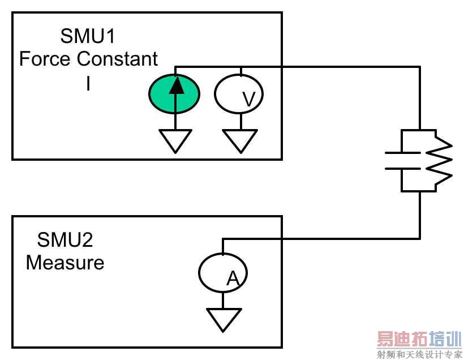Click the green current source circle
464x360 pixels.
coord(174,94)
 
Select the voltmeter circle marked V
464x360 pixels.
coord(239,94)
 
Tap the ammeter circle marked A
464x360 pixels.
coord(223,273)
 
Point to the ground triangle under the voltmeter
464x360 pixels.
coord(240,140)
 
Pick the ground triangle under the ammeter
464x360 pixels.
coord(224,319)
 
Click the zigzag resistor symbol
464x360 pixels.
coord(441,161)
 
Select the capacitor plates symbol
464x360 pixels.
coord(402,161)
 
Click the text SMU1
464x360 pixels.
coord(88,37)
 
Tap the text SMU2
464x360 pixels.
coord(65,240)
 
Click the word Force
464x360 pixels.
coord(46,59)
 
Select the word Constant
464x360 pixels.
coord(117,59)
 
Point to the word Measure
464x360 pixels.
coord(65,263)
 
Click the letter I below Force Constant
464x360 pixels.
coord(88,84)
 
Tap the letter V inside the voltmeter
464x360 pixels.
coord(248,100)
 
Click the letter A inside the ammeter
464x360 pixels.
coord(233,278)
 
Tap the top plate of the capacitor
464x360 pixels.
coord(402,153)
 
